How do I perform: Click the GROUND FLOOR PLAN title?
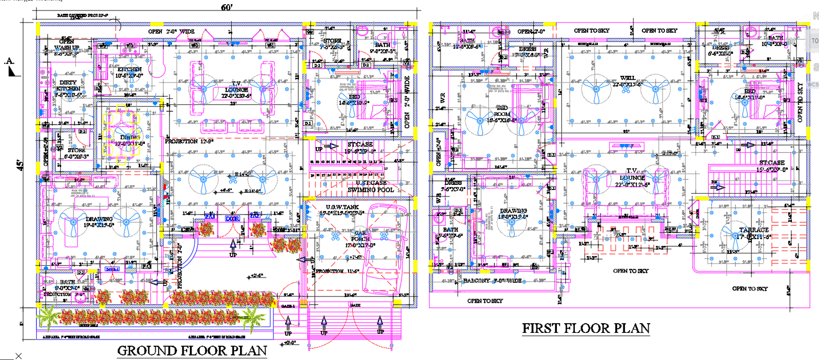[192, 351]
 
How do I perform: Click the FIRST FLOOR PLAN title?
[586, 328]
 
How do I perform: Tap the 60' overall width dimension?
[227, 7]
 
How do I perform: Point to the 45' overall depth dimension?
[21, 165]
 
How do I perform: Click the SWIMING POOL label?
[371, 190]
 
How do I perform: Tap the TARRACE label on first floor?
[753, 233]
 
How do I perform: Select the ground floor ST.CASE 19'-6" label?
[360, 147]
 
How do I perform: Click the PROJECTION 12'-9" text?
[189, 141]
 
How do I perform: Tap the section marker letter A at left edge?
[10, 61]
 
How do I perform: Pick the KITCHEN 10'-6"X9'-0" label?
[129, 72]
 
